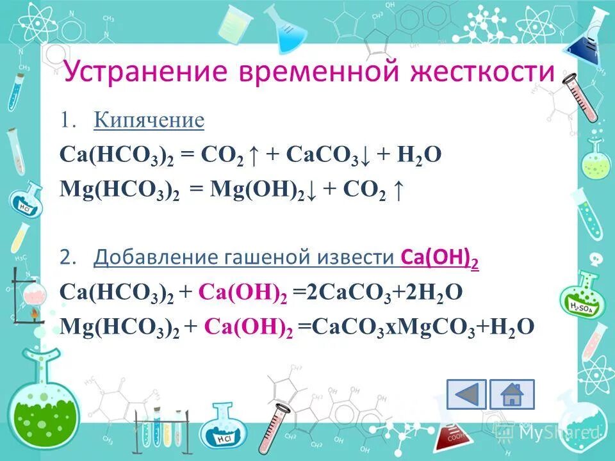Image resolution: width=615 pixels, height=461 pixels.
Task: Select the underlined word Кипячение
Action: coord(149,120)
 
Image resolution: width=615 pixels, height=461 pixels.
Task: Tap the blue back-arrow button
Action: coord(466,394)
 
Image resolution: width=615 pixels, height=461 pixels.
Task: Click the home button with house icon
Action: coord(512,394)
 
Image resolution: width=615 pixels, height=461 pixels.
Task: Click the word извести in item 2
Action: coord(359,258)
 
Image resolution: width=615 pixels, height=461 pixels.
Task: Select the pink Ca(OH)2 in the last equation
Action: coord(247,327)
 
